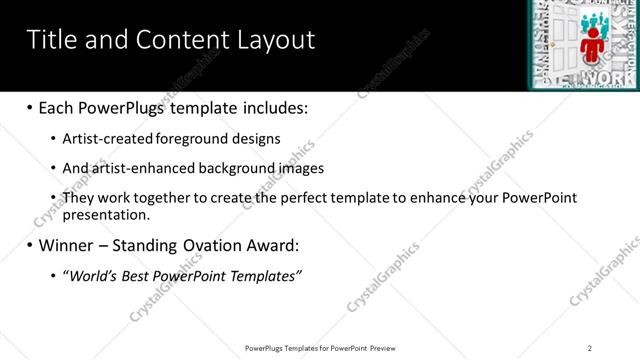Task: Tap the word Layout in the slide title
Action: coord(273,40)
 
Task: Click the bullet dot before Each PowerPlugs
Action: coord(30,108)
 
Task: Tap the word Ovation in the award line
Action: coord(204,245)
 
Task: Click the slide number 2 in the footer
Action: coord(589,348)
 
